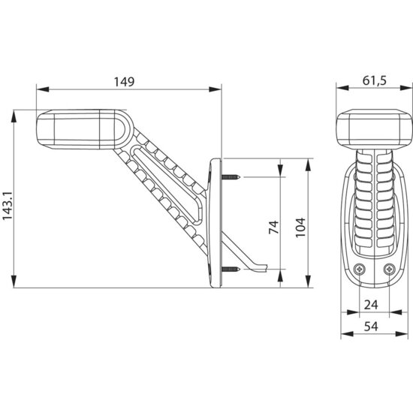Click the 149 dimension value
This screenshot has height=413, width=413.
coord(124,82)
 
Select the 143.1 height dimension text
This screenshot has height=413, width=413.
coord(8,206)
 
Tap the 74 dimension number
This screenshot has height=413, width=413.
coord(273,227)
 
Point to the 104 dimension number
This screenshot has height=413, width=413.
coord(300,228)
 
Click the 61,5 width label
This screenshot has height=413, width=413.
coord(375,80)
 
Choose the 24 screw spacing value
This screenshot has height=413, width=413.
coord(371,305)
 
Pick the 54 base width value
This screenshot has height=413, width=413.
coord(371,327)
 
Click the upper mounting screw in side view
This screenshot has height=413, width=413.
coord(231,177)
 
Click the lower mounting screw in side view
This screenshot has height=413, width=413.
coord(231,269)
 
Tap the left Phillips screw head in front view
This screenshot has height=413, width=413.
coord(359,269)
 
